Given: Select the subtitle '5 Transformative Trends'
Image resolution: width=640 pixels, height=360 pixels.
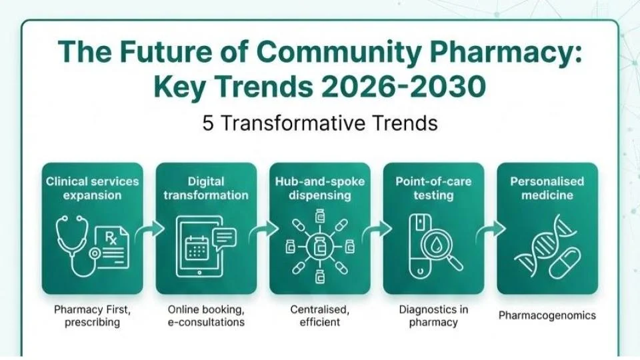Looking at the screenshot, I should [x=320, y=123].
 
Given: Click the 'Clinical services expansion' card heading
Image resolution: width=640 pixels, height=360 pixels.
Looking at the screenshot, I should [x=92, y=188].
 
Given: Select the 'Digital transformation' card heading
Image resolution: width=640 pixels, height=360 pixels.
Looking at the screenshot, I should [x=206, y=188].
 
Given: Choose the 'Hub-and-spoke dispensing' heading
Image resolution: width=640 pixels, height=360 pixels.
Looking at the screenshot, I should [x=319, y=188].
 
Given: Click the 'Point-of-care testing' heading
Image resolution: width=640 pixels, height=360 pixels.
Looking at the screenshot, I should [x=433, y=188].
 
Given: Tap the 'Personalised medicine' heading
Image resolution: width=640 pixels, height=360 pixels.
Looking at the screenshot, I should [x=547, y=188].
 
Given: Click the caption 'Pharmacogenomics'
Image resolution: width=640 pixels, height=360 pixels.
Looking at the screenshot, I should [x=547, y=315].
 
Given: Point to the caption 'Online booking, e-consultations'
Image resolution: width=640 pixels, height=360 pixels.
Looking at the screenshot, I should [x=206, y=315].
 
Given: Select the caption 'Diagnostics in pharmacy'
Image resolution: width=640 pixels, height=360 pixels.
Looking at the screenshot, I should [x=433, y=315].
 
